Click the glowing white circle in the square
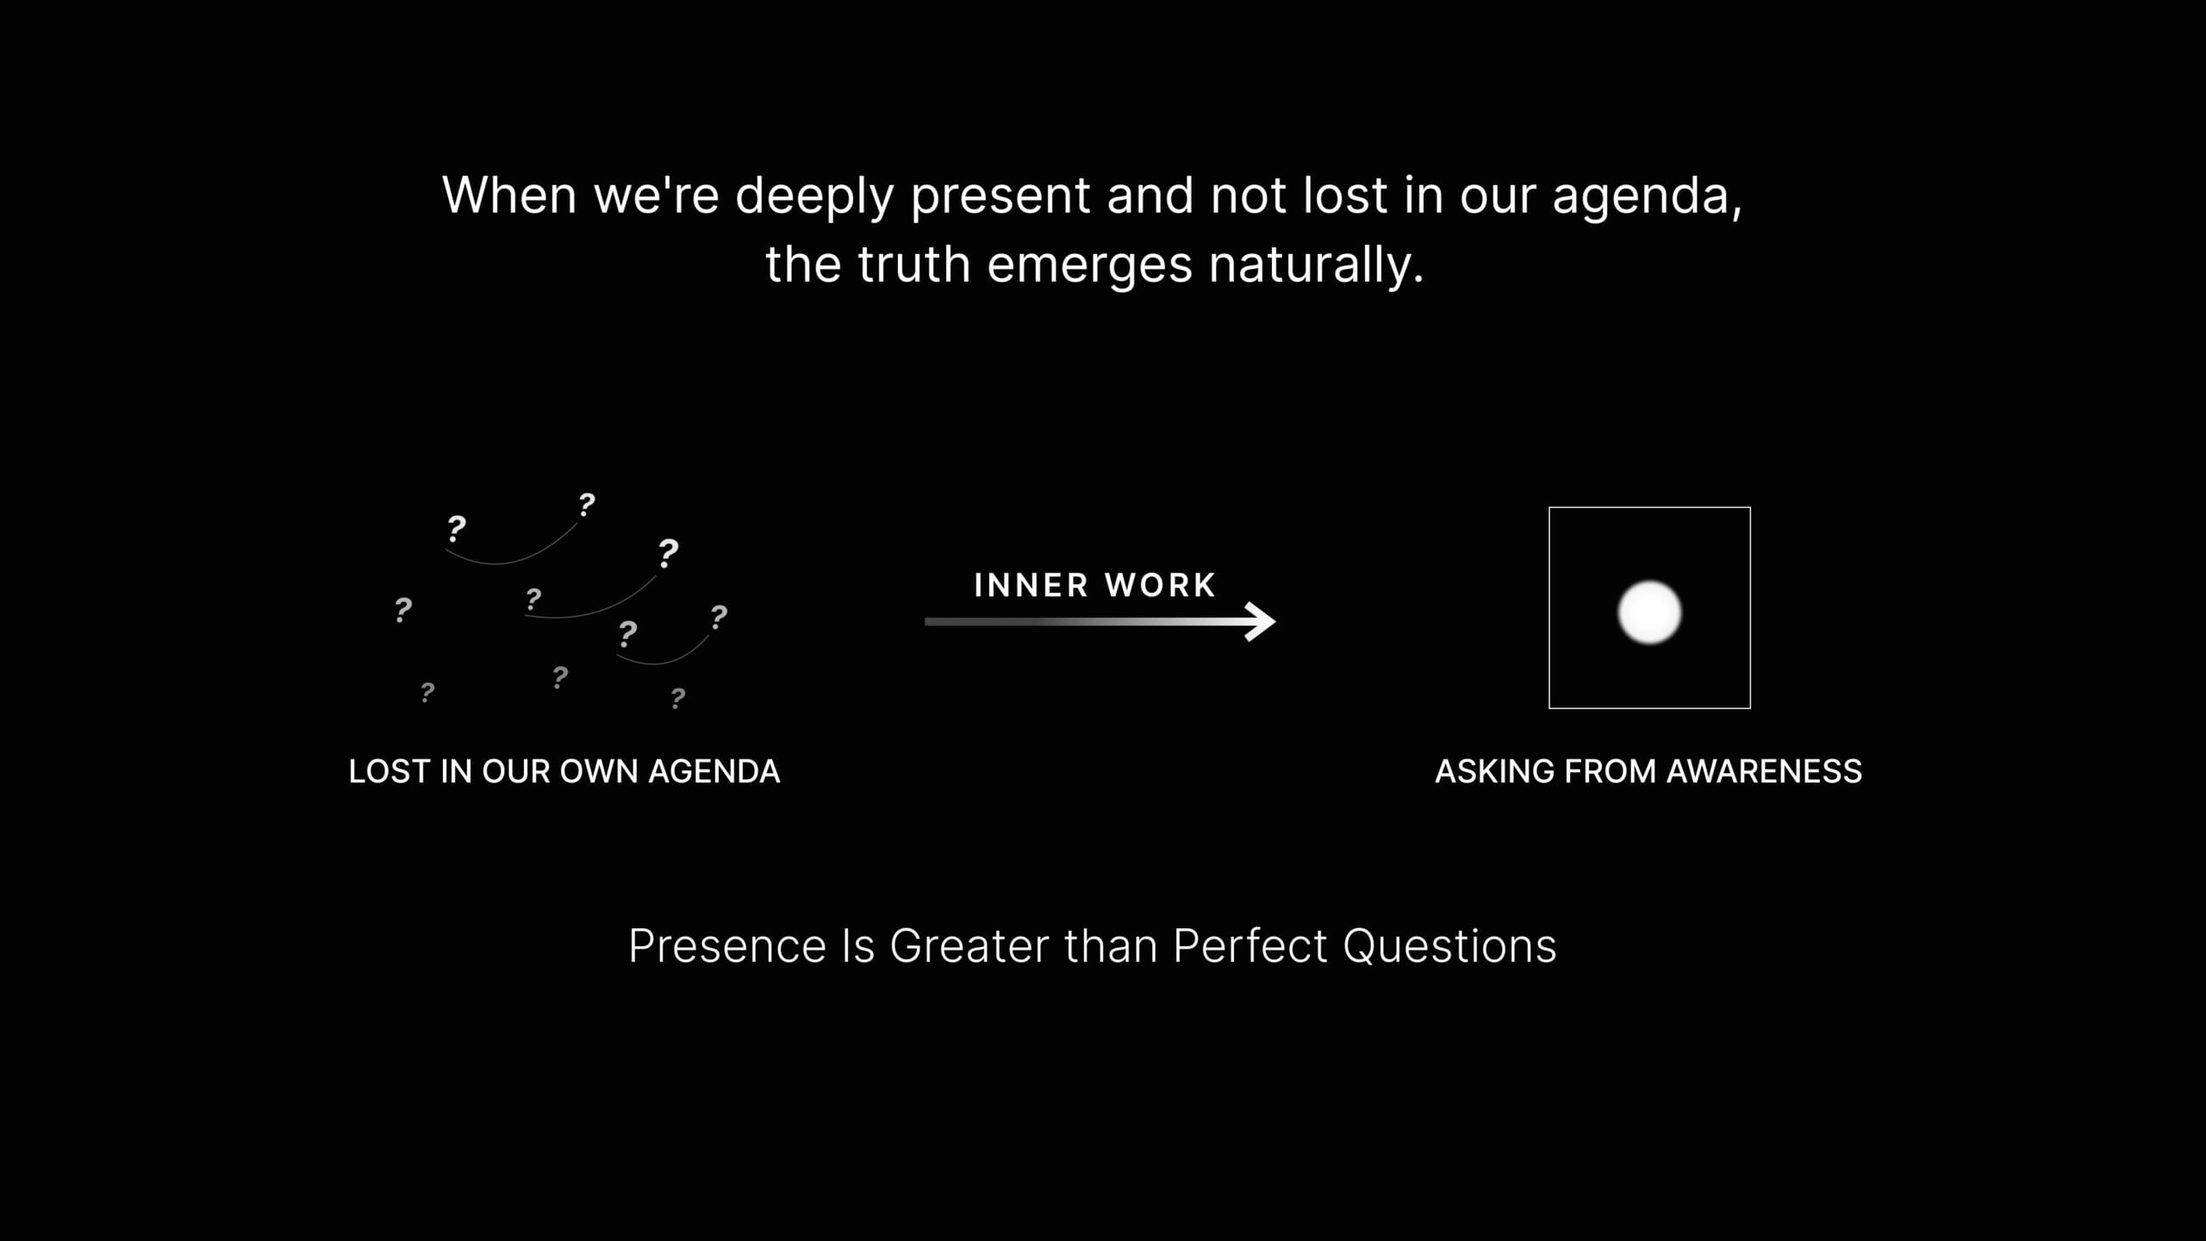(x=1649, y=613)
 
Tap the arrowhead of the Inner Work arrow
(x=1261, y=621)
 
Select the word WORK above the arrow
(x=1160, y=585)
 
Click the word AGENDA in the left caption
(x=714, y=771)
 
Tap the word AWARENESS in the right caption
(x=1764, y=771)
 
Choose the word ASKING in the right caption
(x=1495, y=771)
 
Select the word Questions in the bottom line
(x=1449, y=945)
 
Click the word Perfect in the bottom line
(x=1249, y=945)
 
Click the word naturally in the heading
(x=1317, y=265)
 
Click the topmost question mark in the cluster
(x=587, y=504)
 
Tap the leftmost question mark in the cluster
(x=402, y=609)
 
